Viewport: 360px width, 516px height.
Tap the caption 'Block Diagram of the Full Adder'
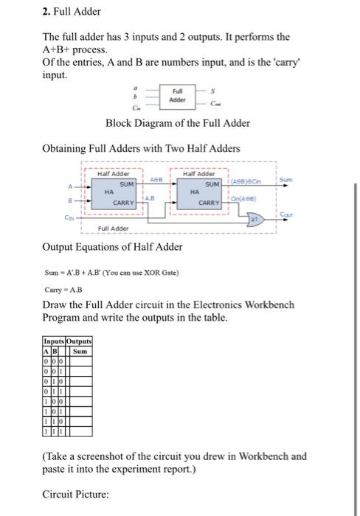tap(178, 123)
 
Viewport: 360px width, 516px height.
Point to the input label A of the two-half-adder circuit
tap(71, 184)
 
